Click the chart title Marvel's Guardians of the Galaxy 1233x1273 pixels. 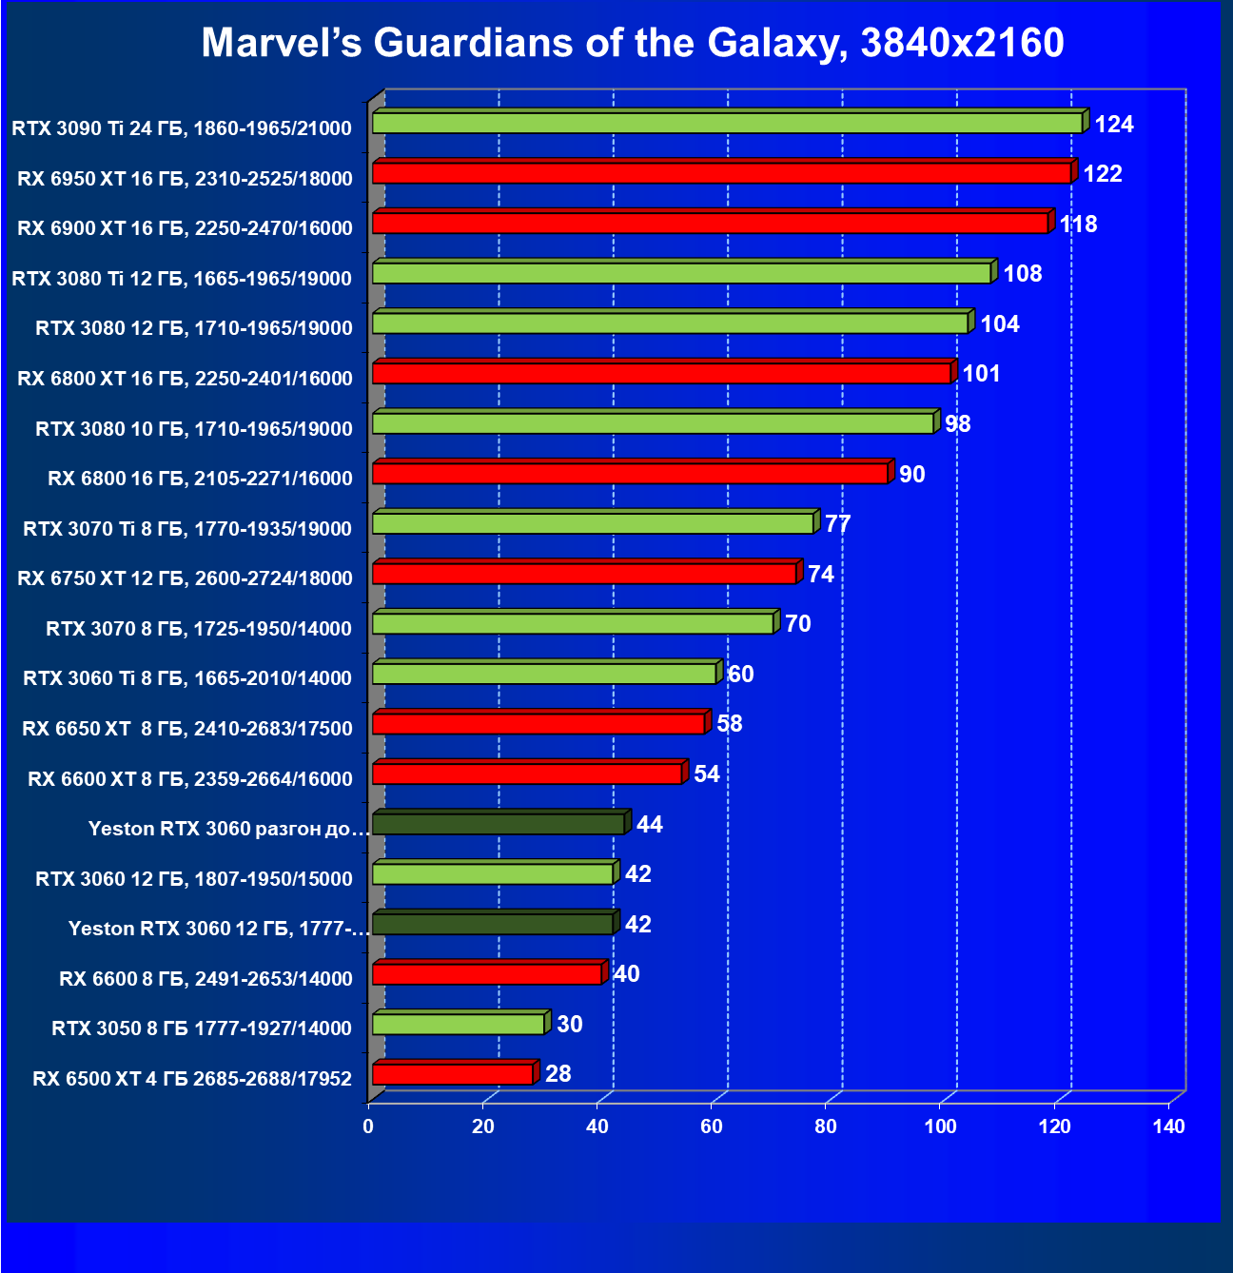633,43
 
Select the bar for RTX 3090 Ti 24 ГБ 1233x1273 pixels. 727,123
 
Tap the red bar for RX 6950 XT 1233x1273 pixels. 721,173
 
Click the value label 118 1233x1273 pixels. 1078,224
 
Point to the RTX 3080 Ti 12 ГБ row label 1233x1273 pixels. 182,278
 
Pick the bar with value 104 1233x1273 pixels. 670,323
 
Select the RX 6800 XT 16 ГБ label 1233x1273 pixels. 185,378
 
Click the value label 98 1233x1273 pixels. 957,423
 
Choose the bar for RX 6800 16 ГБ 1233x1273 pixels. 630,473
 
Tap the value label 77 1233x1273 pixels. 837,524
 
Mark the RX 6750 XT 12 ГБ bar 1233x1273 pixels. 584,574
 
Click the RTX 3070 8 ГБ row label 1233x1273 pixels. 199,628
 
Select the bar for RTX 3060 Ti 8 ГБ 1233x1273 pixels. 544,674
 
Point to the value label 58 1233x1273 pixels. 729,723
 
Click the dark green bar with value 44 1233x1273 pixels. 499,824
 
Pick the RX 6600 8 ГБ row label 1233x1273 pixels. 205,978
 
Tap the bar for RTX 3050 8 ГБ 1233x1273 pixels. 459,1024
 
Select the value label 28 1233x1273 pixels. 558,1073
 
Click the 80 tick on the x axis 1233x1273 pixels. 826,1126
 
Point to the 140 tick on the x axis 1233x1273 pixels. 1168,1126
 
